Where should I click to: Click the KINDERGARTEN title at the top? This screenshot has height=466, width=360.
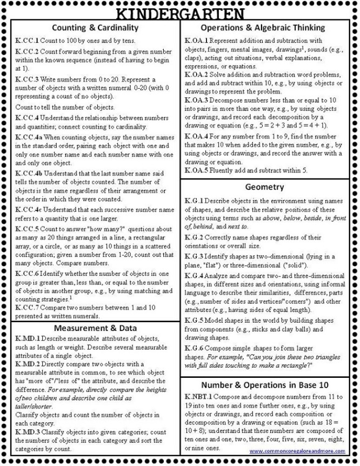pyautogui.click(x=181, y=12)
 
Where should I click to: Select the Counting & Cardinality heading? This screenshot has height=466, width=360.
pyautogui.click(x=95, y=28)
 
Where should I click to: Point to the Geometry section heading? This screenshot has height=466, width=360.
pyautogui.click(x=264, y=187)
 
